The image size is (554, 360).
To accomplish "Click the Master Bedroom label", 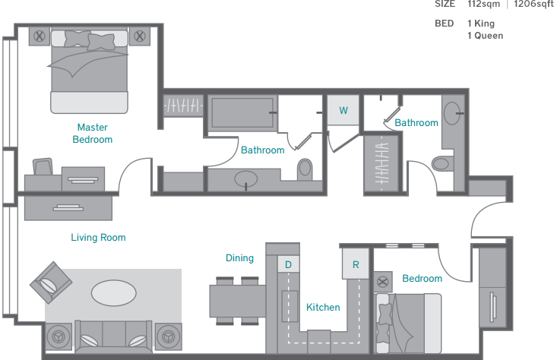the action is point(93,134).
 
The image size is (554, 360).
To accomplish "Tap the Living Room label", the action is point(98,238).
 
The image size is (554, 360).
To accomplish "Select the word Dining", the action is point(239,258).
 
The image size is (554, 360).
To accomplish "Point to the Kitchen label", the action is point(323,308).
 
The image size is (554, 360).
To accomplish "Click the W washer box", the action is point(343,110).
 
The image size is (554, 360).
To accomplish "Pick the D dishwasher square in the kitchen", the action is point(288,264).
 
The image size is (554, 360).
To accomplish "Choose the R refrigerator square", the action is point(356,264).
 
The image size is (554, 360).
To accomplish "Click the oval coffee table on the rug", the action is point(114,293).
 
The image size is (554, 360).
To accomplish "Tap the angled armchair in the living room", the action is point(51,283).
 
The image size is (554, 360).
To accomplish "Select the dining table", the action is point(237,301).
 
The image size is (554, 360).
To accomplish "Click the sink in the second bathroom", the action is point(452,113).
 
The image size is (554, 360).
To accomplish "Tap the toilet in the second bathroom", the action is point(442,163).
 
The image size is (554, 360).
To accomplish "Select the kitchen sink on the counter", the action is point(290,306).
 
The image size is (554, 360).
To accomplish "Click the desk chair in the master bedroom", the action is point(43,166).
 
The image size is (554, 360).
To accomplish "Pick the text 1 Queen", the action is point(485,36).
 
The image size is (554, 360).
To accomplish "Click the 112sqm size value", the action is point(483,5).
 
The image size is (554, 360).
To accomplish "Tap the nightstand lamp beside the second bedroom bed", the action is point(383,282).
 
